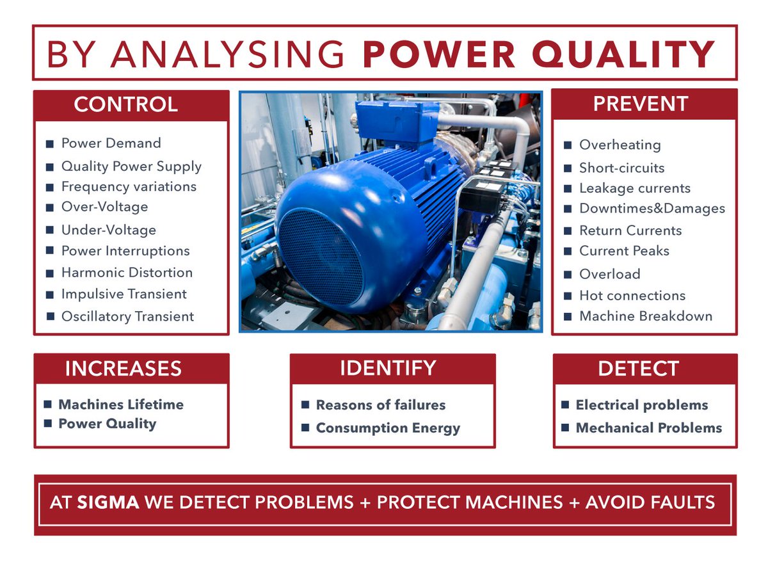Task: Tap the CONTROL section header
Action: point(126,104)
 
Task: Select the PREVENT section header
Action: point(641,104)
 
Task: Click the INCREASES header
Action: point(124,369)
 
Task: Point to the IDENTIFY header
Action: point(388,368)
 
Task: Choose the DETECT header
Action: point(638,369)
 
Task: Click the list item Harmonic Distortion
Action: point(127,272)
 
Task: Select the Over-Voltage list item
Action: point(104,207)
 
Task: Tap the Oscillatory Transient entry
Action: point(127,316)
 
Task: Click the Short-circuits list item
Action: point(621,168)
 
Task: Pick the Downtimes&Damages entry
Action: point(652,209)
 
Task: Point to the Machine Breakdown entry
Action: point(645,316)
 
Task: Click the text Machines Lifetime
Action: point(120,405)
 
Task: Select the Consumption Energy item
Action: point(388,428)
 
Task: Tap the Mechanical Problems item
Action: point(648,428)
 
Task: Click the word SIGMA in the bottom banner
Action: point(108,502)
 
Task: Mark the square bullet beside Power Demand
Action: point(49,144)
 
